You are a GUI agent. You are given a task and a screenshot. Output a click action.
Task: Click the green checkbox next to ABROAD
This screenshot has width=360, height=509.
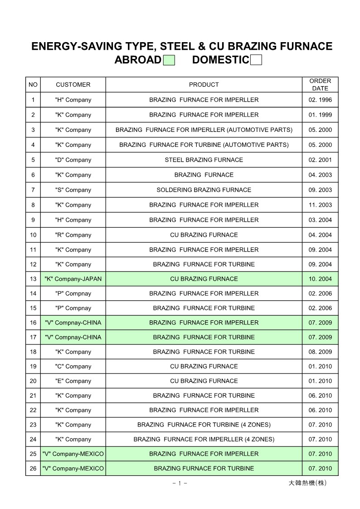pyautogui.click(x=169, y=60)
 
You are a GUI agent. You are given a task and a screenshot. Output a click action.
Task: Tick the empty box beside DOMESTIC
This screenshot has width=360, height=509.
pyautogui.click(x=256, y=60)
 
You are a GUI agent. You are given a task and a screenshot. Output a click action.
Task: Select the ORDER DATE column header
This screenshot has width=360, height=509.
pyautogui.click(x=320, y=85)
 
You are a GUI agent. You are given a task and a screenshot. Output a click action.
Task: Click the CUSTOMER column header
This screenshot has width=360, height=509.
pyautogui.click(x=73, y=85)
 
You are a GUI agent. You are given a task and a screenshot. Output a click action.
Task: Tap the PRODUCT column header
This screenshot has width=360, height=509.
pyautogui.click(x=204, y=85)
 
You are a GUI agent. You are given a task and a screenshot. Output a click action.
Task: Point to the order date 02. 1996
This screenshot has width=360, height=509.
pyautogui.click(x=320, y=100)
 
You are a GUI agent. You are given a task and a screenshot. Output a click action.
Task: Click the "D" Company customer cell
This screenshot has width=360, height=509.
pyautogui.click(x=73, y=160)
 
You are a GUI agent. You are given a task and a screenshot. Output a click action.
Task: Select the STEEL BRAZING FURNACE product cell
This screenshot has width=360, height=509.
pyautogui.click(x=204, y=160)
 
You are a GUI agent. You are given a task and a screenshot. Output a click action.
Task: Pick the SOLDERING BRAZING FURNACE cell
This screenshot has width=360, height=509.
pyautogui.click(x=204, y=190)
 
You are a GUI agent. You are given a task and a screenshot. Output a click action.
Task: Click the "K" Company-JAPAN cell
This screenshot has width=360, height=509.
pyautogui.click(x=73, y=279)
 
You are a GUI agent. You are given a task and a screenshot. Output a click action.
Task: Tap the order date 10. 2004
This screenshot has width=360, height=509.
pyautogui.click(x=320, y=279)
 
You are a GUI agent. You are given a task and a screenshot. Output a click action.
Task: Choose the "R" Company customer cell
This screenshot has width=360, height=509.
pyautogui.click(x=73, y=235)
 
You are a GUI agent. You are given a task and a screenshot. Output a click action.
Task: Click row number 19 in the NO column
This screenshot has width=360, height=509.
pyautogui.click(x=33, y=366)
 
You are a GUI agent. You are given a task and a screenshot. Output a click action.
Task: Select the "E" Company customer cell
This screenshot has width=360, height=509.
pyautogui.click(x=73, y=381)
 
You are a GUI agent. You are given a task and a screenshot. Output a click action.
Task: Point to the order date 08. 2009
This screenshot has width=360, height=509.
pyautogui.click(x=320, y=352)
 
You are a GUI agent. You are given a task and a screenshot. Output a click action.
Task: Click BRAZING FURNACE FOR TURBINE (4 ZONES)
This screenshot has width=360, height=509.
pyautogui.click(x=204, y=425)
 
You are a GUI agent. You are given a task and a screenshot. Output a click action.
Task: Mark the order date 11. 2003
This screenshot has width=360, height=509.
pyautogui.click(x=320, y=205)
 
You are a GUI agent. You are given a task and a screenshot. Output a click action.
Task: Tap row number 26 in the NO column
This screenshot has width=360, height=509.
pyautogui.click(x=33, y=468)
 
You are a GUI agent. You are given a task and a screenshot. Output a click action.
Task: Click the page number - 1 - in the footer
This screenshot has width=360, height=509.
pyautogui.click(x=180, y=483)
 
